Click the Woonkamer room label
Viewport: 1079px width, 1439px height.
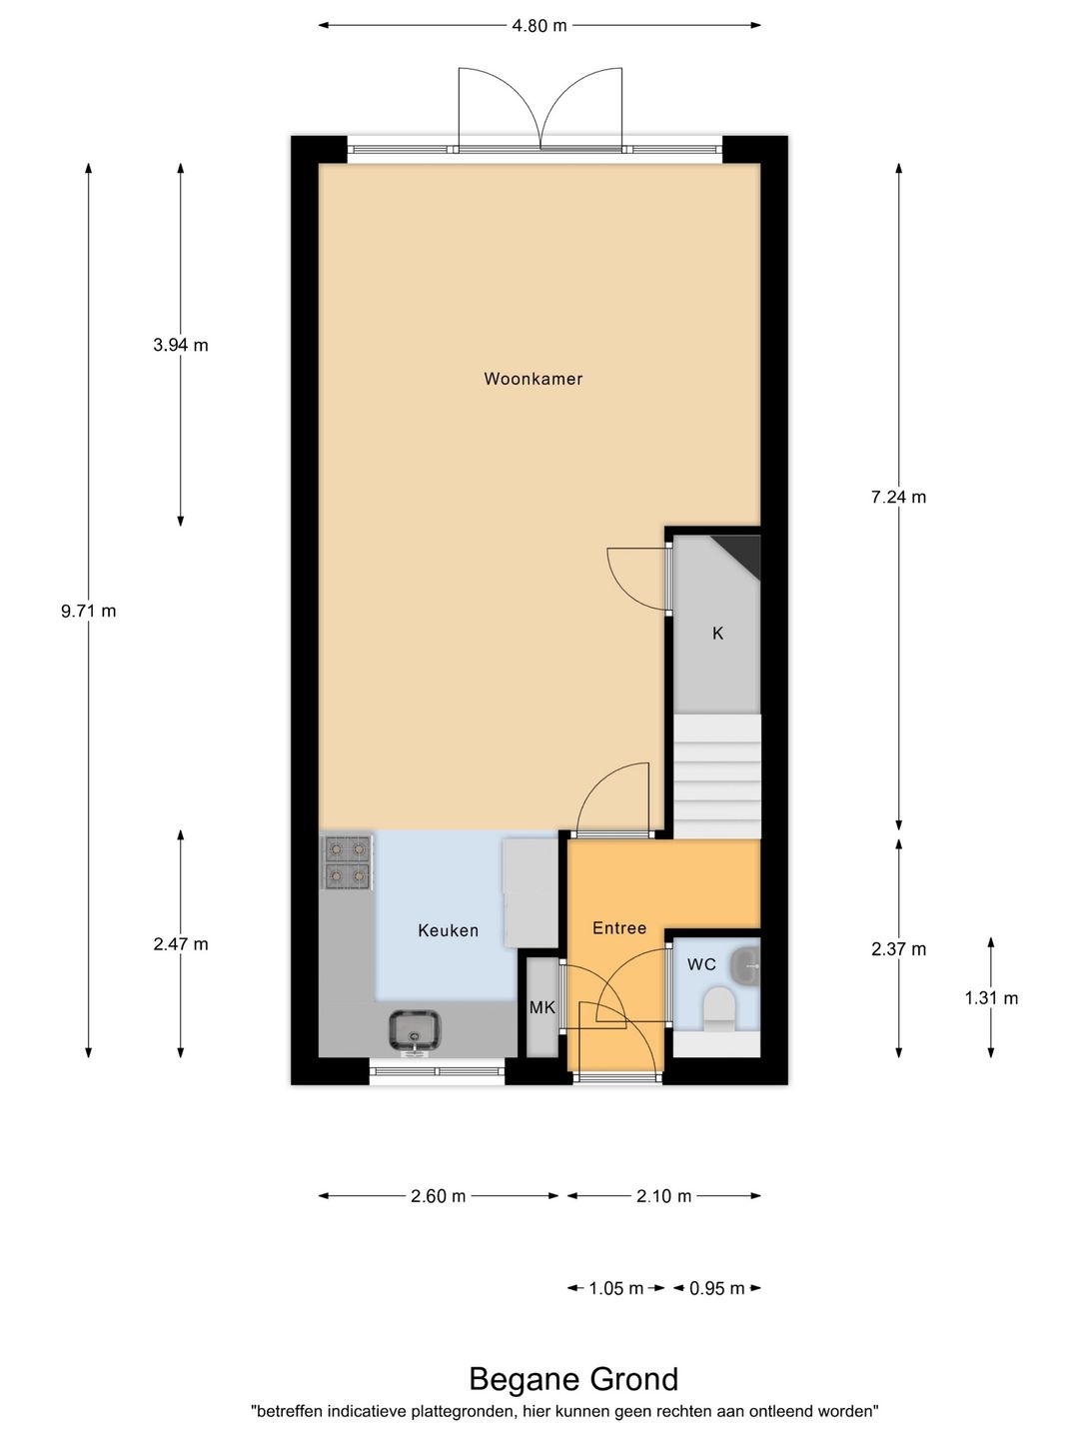[x=533, y=379]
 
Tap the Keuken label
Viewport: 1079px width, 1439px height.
[x=448, y=930]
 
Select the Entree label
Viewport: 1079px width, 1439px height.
[x=619, y=928]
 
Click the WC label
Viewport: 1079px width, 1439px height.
[x=701, y=964]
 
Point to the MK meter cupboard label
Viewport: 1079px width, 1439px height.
[x=542, y=1007]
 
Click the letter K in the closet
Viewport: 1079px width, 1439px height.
[x=717, y=634]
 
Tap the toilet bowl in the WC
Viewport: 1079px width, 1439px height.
[x=718, y=1008]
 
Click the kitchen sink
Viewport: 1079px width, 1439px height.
[x=415, y=1030]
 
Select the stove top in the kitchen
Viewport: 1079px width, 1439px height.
[x=346, y=862]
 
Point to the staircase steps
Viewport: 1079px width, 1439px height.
[x=717, y=775]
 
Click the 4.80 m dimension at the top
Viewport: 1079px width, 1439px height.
[x=539, y=26]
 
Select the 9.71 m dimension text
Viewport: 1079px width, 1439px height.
[x=88, y=611]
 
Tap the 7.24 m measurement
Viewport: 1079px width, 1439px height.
[x=898, y=497]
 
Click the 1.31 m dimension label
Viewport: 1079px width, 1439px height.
[x=991, y=997]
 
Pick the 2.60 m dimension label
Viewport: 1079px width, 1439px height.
[x=438, y=1196]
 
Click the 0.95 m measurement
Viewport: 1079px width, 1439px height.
[x=717, y=1288]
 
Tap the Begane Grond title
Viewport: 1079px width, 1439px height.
[x=573, y=1379]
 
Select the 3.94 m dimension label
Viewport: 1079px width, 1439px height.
[x=181, y=345]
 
